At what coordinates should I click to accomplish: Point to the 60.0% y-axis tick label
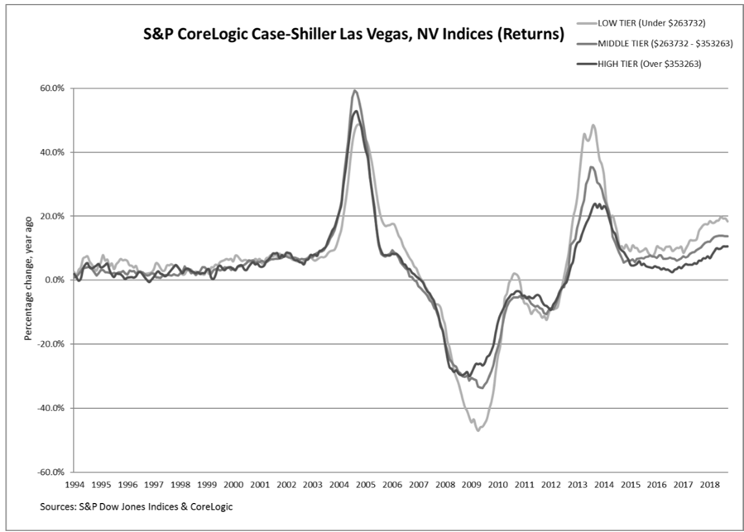(x=52, y=89)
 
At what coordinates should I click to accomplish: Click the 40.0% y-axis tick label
(x=52, y=152)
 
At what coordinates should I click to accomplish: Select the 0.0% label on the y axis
(x=55, y=280)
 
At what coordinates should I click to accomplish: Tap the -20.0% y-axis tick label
(x=50, y=344)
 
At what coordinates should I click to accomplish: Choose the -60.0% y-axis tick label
(x=50, y=472)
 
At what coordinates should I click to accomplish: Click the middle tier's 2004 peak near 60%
(x=355, y=90)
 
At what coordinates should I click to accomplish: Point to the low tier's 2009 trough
(x=478, y=430)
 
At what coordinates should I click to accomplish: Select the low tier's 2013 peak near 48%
(x=593, y=125)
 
